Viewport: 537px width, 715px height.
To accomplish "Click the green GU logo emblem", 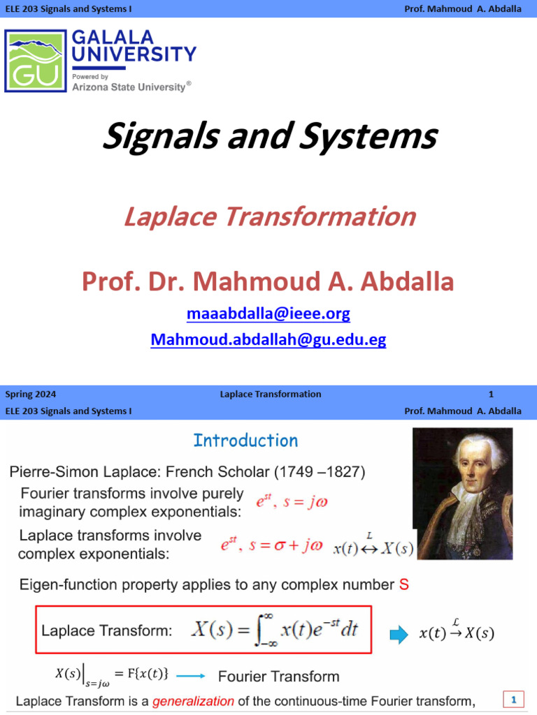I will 36,61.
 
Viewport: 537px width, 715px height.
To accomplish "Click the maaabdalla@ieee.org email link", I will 268,314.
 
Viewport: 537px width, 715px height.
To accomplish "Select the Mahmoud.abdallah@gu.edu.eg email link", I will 268,339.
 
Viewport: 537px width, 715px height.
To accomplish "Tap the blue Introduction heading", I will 245,441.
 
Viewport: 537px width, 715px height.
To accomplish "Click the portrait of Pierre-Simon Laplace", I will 462,493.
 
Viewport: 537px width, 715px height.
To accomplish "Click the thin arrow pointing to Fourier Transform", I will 191,676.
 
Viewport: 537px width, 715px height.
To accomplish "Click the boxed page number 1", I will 514,699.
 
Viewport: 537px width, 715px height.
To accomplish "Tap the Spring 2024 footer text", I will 24,394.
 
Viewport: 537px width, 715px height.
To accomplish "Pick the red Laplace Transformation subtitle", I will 269,216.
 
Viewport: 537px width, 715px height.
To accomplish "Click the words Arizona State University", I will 129,87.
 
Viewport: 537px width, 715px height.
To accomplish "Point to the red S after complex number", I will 403,585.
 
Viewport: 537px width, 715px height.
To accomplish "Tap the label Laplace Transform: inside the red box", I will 106,631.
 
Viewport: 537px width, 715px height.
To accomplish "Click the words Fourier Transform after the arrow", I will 278,676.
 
